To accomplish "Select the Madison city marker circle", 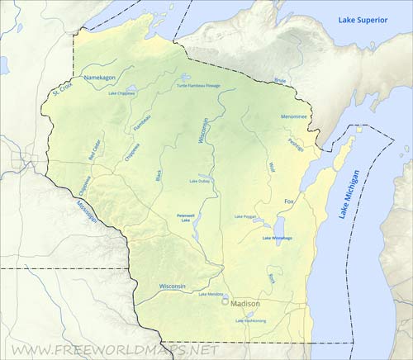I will click(x=225, y=302).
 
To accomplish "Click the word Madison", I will click(x=245, y=303).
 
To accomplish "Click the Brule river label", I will click(x=280, y=81).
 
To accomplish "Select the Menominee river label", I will click(x=293, y=116).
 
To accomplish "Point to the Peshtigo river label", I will click(x=296, y=144).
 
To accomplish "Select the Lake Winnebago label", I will click(x=277, y=238).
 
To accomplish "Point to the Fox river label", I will click(x=289, y=201).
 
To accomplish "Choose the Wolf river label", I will click(x=272, y=167).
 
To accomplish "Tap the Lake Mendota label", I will click(x=211, y=294).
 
